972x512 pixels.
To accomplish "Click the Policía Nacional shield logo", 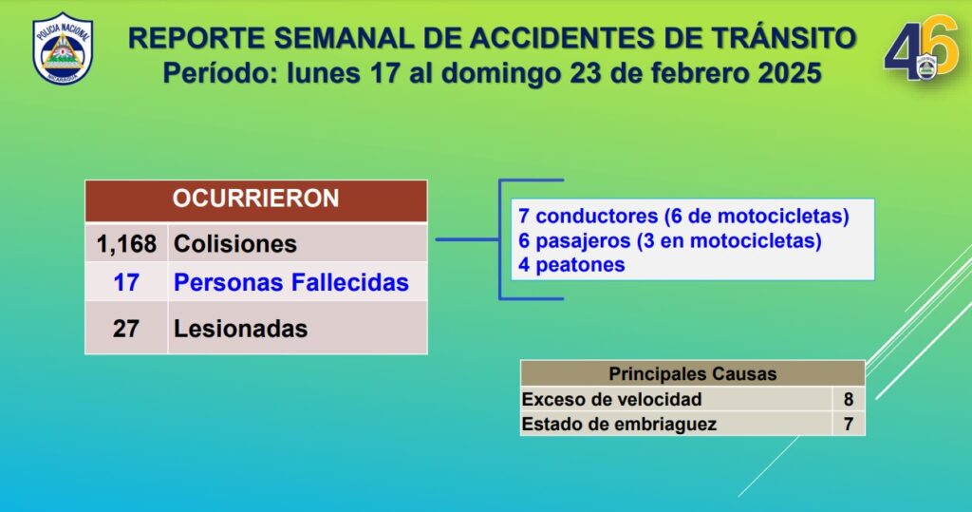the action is click(x=63, y=48).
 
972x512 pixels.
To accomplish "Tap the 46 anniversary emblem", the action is click(x=921, y=48).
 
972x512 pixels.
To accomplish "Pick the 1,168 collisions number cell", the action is click(x=126, y=244).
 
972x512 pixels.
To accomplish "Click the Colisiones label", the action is click(x=235, y=244).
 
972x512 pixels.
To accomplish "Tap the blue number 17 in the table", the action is click(x=126, y=282).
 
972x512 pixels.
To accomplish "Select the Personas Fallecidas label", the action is click(x=290, y=282).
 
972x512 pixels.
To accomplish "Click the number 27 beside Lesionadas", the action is click(x=126, y=329).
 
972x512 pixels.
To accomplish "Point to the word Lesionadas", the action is click(x=240, y=329).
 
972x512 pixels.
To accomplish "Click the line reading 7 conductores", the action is click(x=683, y=216).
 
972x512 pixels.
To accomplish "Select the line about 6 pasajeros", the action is click(x=670, y=240).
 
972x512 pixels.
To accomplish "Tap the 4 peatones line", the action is click(x=571, y=265).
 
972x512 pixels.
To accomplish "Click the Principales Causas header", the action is click(x=692, y=373).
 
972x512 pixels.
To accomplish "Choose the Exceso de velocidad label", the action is click(x=612, y=399).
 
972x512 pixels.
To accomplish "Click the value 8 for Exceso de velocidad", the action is click(x=849, y=399).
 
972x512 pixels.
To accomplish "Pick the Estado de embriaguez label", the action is click(x=619, y=424).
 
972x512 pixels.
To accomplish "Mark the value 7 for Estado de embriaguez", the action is click(x=849, y=424).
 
